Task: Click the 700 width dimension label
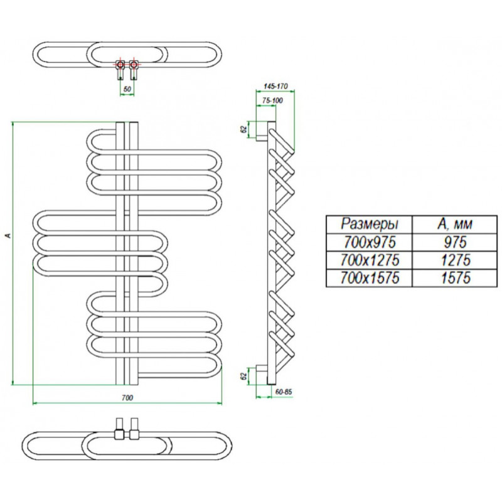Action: pyautogui.click(x=127, y=398)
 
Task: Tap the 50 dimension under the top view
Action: pyautogui.click(x=127, y=89)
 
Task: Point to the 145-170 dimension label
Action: pyautogui.click(x=275, y=86)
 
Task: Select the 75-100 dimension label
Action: pyautogui.click(x=272, y=100)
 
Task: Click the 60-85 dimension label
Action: pyautogui.click(x=284, y=392)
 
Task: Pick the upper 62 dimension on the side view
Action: pyautogui.click(x=244, y=129)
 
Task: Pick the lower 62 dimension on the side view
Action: pyautogui.click(x=244, y=376)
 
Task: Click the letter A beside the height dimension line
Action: pyautogui.click(x=9, y=236)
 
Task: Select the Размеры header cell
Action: pyautogui.click(x=370, y=224)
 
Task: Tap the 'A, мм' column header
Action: pyautogui.click(x=454, y=224)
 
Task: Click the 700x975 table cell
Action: pyautogui.click(x=370, y=242)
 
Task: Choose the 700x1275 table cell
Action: pyautogui.click(x=370, y=260)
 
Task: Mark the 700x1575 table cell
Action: pyautogui.click(x=370, y=278)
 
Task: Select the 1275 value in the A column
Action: pyautogui.click(x=456, y=260)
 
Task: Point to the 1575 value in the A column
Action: pyautogui.click(x=456, y=278)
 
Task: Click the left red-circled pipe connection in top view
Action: pyautogui.click(x=120, y=65)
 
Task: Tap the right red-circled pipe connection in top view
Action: pyautogui.click(x=134, y=65)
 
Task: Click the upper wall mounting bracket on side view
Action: pyautogui.click(x=261, y=131)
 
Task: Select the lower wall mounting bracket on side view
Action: pyautogui.click(x=261, y=375)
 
